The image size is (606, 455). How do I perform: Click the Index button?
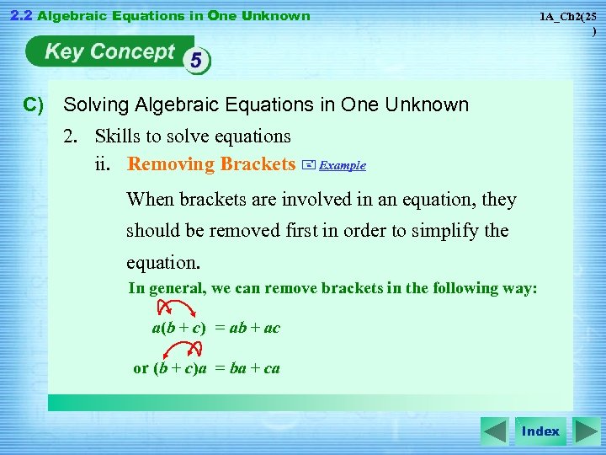pos(540,431)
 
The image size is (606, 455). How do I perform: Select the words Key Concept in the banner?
pos(109,52)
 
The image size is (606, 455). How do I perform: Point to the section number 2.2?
pos(19,15)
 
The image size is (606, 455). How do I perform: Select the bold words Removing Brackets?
pos(210,164)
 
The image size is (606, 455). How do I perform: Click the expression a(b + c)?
pos(179,328)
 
